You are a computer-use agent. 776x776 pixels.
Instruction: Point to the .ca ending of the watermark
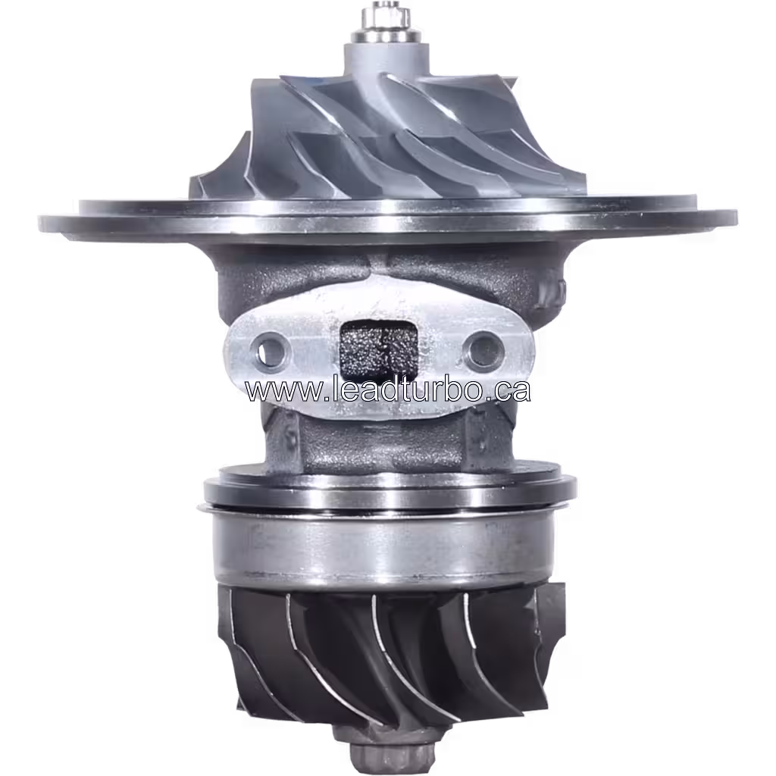coord(511,390)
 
